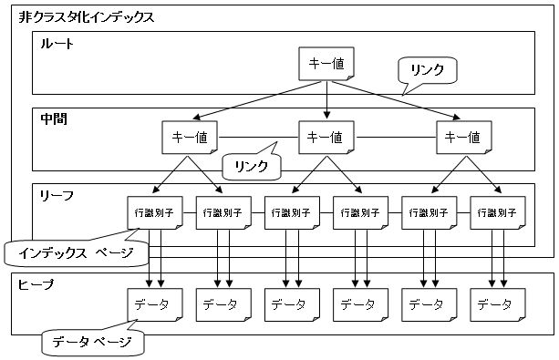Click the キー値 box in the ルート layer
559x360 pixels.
326,64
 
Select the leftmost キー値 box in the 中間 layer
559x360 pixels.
190,138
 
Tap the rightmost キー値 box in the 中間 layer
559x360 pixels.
464,138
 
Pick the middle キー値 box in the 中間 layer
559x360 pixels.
326,138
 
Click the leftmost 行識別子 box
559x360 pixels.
155,212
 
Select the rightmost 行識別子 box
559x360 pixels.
498,212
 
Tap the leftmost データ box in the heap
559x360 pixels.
155,304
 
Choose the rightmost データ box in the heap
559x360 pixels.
498,304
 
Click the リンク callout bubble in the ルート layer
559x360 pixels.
427,70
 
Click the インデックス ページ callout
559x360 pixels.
77,253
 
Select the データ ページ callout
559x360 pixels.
93,342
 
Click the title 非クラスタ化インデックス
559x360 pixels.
87,17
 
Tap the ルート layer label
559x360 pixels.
57,44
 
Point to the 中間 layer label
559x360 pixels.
54,119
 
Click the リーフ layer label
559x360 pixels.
57,195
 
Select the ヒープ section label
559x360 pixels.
36,284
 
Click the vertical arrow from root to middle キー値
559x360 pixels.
326,100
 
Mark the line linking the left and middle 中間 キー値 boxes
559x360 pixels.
258,138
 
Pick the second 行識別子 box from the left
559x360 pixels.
223,212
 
